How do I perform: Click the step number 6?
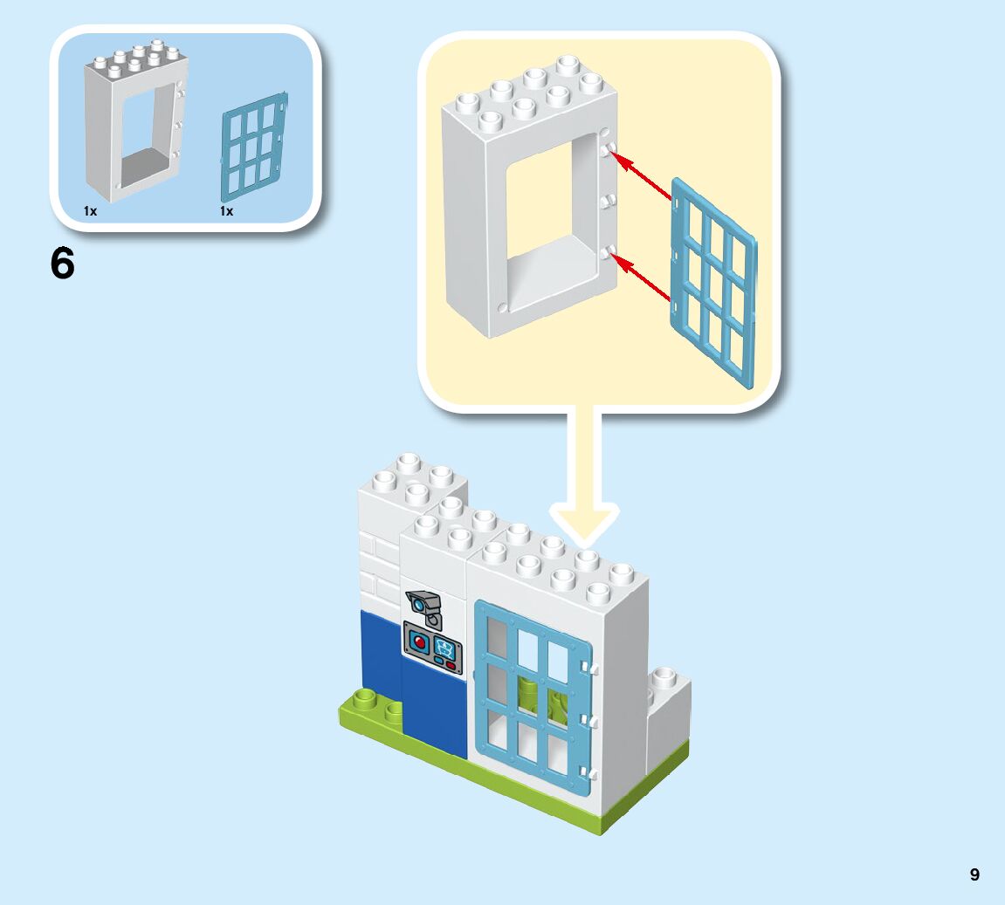[x=63, y=264]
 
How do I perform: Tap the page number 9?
[x=974, y=874]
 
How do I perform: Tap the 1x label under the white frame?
[x=90, y=211]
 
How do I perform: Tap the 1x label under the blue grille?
[x=226, y=211]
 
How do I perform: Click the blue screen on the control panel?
[x=446, y=647]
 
